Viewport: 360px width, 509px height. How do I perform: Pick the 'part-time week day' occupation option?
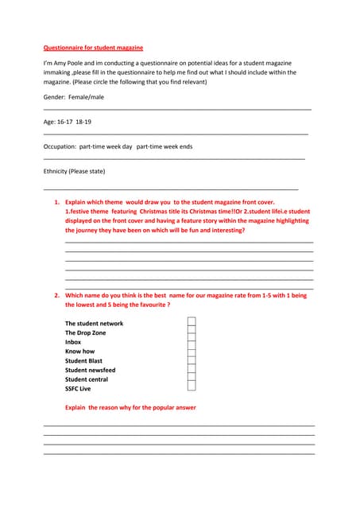106,146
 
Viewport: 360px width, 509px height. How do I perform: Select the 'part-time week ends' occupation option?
165,146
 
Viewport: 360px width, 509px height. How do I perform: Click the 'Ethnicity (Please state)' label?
74,171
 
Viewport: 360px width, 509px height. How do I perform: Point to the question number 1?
57,202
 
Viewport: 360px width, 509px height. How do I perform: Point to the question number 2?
57,295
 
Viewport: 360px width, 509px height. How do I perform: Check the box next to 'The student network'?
192,323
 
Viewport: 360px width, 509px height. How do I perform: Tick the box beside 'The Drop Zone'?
192,332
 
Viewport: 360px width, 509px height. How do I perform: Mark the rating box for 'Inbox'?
192,342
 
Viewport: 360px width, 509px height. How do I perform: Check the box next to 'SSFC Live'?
192,388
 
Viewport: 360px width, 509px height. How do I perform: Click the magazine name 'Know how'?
79,351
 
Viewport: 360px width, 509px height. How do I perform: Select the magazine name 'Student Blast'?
83,360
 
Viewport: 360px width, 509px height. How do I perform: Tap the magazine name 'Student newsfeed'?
90,370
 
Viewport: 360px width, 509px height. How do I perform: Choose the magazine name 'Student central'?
87,379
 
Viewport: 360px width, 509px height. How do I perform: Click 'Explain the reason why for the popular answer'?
130,407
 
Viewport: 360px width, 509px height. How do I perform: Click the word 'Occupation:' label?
60,146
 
